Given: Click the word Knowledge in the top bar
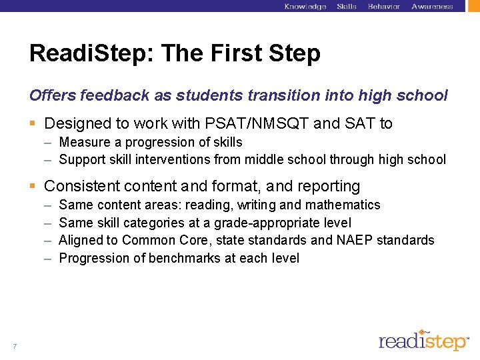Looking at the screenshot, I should pyautogui.click(x=305, y=7).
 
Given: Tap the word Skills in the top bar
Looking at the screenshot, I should pyautogui.click(x=347, y=7).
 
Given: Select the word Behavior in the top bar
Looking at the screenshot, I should pyautogui.click(x=384, y=7).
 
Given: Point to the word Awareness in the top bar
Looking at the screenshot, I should pyautogui.click(x=432, y=7).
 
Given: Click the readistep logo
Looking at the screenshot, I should pyautogui.click(x=424, y=341).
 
